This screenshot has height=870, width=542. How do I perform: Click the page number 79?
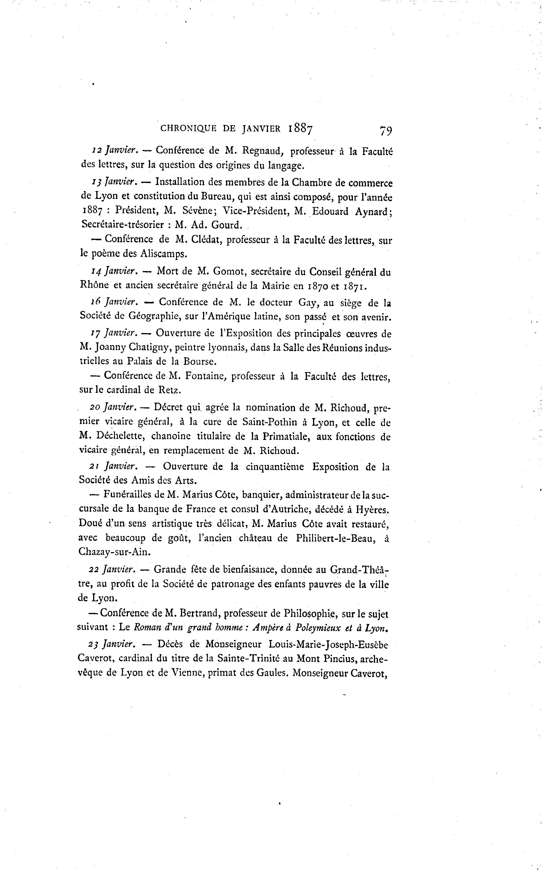point(385,130)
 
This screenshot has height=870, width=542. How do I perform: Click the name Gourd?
point(227,225)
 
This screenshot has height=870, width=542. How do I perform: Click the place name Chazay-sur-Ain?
point(114,552)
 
